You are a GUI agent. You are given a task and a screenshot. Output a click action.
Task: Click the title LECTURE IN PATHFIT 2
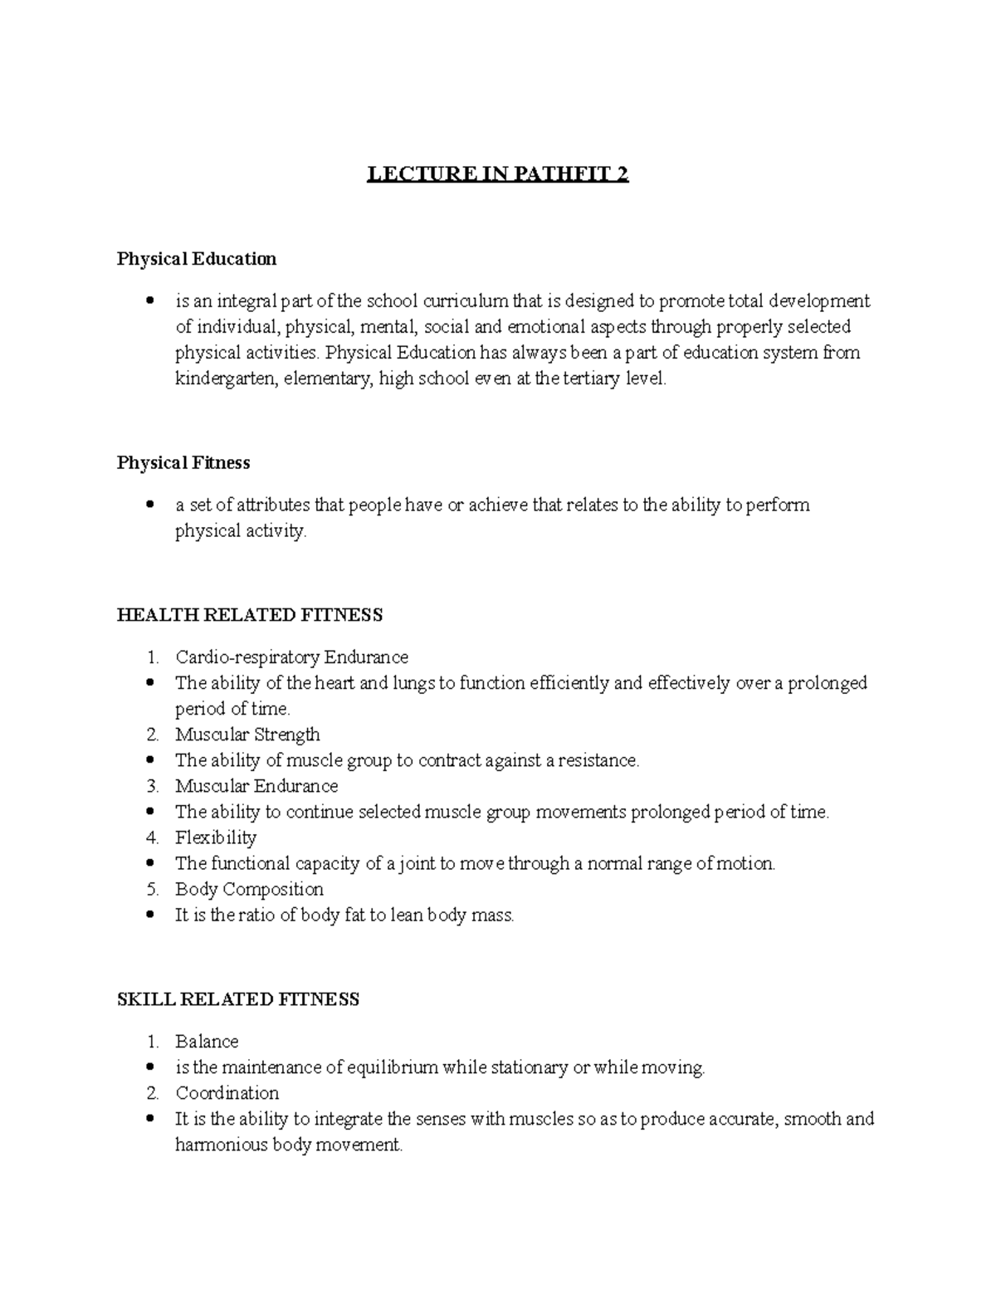click(498, 175)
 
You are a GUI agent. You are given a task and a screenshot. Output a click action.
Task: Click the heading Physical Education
click(197, 259)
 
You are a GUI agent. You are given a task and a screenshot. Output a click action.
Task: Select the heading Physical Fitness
click(183, 462)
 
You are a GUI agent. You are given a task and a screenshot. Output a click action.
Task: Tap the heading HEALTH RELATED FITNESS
click(250, 615)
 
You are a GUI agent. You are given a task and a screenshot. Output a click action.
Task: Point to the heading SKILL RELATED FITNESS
click(238, 999)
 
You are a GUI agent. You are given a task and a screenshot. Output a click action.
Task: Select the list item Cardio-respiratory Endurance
click(291, 657)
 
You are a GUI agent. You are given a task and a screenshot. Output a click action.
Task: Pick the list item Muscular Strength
click(247, 735)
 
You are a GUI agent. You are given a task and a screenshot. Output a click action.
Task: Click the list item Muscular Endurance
click(256, 786)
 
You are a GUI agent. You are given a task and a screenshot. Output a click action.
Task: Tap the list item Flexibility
click(216, 837)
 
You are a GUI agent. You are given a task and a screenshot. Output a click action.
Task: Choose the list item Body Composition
click(249, 889)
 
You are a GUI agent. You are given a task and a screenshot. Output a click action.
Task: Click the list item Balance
click(207, 1042)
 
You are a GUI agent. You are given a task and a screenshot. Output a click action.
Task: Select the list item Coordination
click(227, 1093)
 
